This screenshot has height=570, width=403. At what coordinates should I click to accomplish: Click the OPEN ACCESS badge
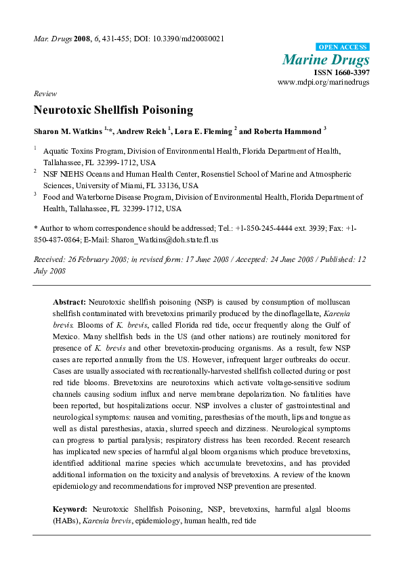click(343, 47)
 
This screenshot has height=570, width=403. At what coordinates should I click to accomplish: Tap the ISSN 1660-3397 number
click(341, 72)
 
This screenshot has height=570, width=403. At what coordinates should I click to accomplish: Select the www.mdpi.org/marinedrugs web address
click(324, 82)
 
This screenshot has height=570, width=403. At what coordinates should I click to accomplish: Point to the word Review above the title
click(45, 93)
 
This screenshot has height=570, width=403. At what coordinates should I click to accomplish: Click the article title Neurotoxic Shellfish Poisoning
click(113, 110)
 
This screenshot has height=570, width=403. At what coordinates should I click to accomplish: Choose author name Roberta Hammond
click(278, 130)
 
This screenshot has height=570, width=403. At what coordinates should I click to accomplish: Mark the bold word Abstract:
click(68, 300)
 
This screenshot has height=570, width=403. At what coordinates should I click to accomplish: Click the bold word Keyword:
click(70, 508)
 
